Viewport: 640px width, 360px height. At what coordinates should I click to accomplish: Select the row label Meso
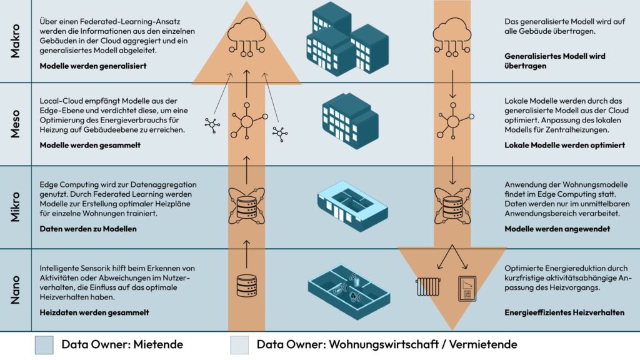point(16,124)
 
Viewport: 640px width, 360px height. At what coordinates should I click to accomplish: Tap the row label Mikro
point(16,206)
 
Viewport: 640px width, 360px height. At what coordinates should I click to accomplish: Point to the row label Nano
point(16,289)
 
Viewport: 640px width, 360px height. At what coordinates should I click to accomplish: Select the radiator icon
point(428,287)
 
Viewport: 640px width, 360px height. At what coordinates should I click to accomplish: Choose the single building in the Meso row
point(349,121)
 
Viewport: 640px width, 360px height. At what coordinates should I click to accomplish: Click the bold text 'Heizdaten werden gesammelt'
point(94,312)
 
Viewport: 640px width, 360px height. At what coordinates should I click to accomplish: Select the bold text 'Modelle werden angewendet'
point(557,229)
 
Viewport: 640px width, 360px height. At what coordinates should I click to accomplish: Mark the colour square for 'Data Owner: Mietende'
point(45,344)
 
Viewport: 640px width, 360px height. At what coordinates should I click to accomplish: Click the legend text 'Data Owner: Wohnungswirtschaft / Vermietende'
point(386,344)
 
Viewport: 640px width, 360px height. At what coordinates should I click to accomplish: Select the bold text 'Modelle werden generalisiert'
point(92,66)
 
